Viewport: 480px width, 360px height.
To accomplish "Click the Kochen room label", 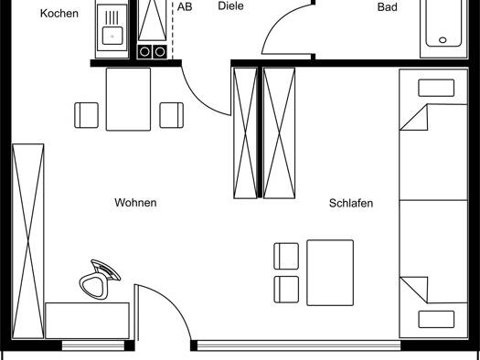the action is [x=59, y=14].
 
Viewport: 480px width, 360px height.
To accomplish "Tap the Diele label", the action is [x=230, y=6].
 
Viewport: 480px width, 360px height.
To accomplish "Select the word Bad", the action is [x=388, y=7].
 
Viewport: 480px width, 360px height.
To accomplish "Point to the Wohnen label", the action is [x=135, y=203].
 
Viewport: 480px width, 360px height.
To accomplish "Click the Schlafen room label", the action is [x=351, y=203].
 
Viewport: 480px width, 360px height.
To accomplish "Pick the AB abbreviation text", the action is [x=185, y=6].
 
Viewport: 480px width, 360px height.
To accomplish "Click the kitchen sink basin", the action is [x=112, y=36].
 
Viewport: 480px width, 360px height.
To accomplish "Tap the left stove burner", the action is [x=144, y=52].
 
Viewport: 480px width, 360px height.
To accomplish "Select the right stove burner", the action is [x=159, y=52].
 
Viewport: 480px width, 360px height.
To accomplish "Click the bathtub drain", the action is [x=443, y=40].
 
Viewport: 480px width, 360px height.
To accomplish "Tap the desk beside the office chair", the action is [x=87, y=321].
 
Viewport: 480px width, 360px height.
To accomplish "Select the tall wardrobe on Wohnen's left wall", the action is [x=28, y=241].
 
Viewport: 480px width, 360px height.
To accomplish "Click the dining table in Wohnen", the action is [x=128, y=100].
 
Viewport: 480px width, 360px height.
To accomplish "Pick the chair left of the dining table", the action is [x=86, y=115].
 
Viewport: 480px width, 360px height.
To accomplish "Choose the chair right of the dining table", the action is [x=172, y=115].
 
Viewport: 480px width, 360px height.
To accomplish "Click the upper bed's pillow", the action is [x=436, y=88].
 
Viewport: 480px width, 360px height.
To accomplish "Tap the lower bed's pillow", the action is [x=436, y=319].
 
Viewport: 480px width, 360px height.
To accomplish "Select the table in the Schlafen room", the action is [x=330, y=273].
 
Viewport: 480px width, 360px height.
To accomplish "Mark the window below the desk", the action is [x=93, y=345].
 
